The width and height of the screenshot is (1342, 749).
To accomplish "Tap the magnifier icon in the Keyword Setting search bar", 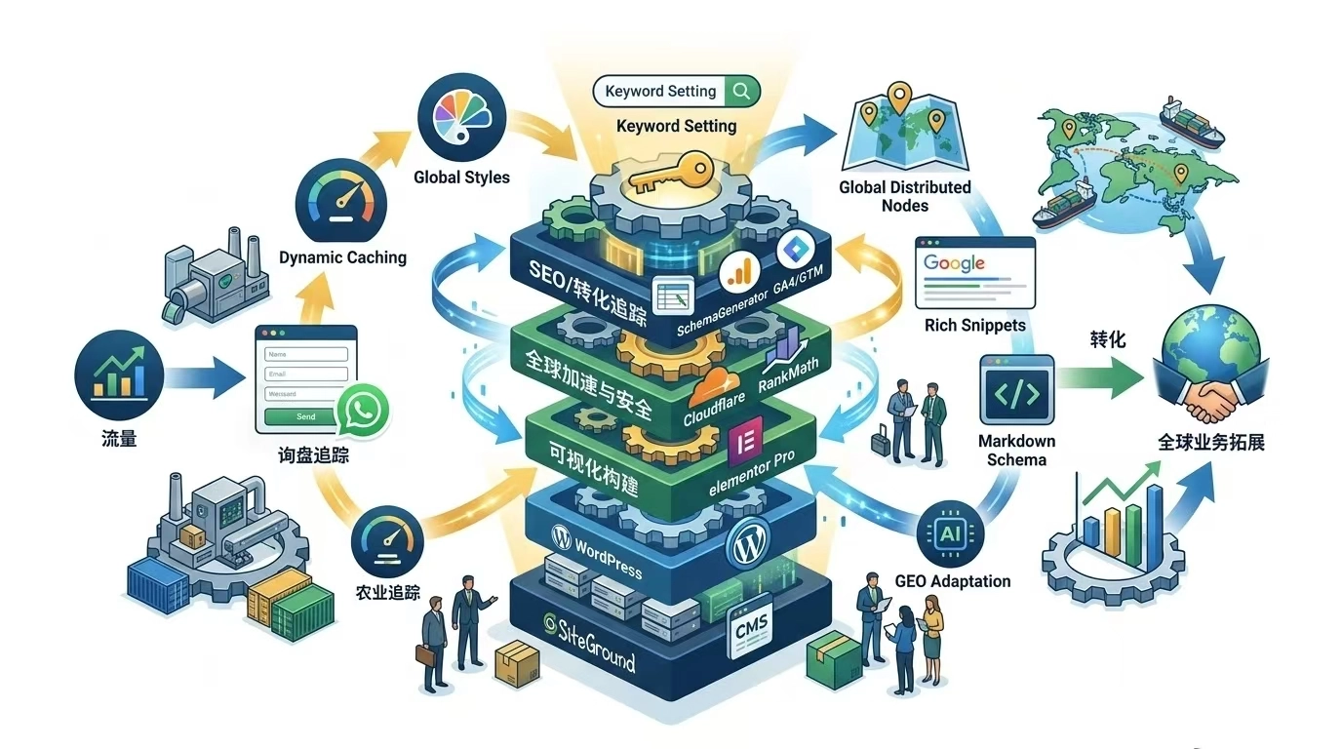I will tap(741, 91).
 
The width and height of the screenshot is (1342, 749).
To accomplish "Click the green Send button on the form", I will tap(305, 416).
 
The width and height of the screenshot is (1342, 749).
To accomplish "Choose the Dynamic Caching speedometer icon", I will tap(341, 201).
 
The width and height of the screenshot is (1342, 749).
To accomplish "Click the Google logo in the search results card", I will tap(955, 262).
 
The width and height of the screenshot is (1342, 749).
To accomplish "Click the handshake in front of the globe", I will tap(1208, 394).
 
